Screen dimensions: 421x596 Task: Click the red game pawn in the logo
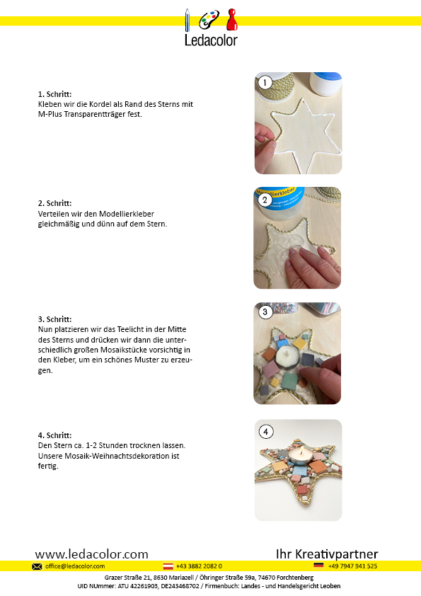[232, 20]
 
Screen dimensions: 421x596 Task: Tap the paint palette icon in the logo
[209, 20]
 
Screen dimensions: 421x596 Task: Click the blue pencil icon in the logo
[188, 20]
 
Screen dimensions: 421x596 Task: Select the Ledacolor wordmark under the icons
[211, 40]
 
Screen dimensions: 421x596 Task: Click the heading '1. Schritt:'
[54, 94]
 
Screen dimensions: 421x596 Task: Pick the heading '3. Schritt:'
[54, 319]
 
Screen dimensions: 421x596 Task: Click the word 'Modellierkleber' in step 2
[127, 214]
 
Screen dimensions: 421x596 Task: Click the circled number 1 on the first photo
[265, 83]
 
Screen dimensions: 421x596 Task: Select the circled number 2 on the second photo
[265, 200]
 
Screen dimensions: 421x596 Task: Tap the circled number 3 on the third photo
[265, 312]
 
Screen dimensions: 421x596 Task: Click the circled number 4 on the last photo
[266, 432]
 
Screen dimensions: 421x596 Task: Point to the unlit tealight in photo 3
[286, 357]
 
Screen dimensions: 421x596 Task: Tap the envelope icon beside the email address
[37, 566]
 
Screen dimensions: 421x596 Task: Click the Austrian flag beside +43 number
[168, 566]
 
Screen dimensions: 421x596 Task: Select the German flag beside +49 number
[318, 566]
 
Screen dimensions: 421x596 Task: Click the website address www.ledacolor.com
[91, 554]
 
